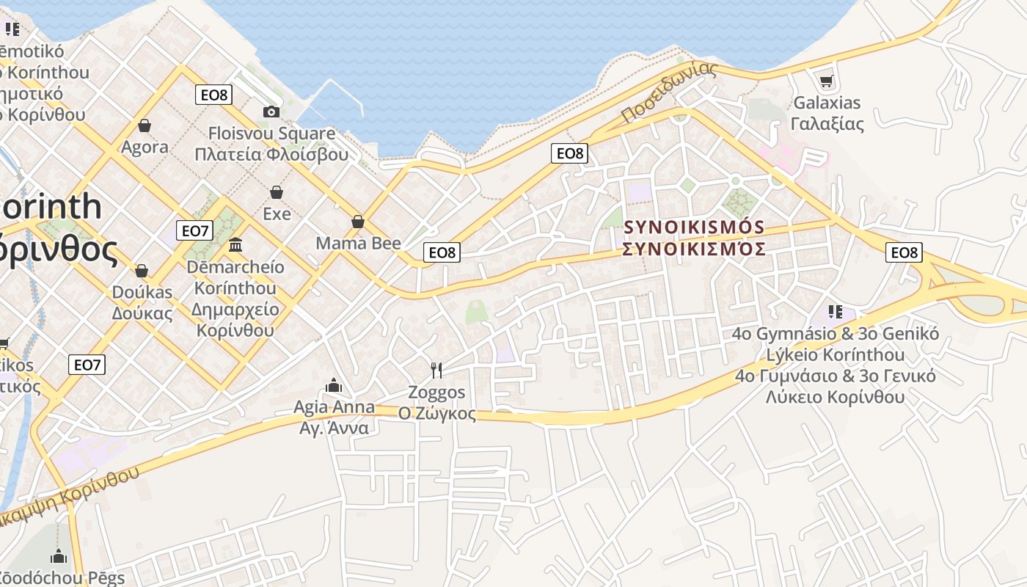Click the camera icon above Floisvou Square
click(x=271, y=112)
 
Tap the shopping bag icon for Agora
click(x=145, y=125)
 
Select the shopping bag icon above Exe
click(x=277, y=192)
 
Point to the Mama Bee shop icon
click(x=358, y=222)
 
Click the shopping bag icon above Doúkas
click(x=142, y=271)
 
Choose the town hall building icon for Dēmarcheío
click(x=235, y=244)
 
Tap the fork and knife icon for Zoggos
click(x=436, y=370)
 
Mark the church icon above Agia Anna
click(x=334, y=384)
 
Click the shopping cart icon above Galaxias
click(x=827, y=81)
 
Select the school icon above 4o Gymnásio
click(x=835, y=312)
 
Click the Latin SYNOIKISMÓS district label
click(x=694, y=227)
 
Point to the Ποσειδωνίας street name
click(x=668, y=93)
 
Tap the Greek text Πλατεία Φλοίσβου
click(x=271, y=154)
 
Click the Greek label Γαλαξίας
click(x=827, y=123)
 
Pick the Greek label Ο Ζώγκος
click(x=436, y=413)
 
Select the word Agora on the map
click(x=145, y=147)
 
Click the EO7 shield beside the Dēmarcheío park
click(x=195, y=230)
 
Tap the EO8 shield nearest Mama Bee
click(x=442, y=252)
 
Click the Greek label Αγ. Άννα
click(x=334, y=428)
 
